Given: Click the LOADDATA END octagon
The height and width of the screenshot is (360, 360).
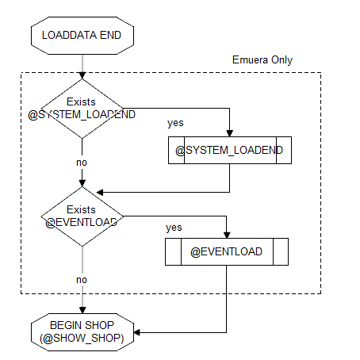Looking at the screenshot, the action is pyautogui.click(x=82, y=36).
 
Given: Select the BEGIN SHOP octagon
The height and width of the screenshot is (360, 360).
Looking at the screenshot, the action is pyautogui.click(x=82, y=332).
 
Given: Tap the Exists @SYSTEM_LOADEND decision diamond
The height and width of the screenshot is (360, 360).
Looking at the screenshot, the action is pyautogui.click(x=82, y=109).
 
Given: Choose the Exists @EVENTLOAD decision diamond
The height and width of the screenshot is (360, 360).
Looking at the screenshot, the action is pyautogui.click(x=82, y=216).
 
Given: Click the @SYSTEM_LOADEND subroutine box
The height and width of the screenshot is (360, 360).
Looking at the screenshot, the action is pyautogui.click(x=230, y=150).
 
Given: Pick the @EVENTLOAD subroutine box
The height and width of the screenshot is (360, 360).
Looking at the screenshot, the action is pyautogui.click(x=227, y=251).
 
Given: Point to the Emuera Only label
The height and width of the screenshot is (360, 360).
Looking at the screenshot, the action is pyautogui.click(x=262, y=60).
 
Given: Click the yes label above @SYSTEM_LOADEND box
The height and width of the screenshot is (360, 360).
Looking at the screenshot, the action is pyautogui.click(x=175, y=123).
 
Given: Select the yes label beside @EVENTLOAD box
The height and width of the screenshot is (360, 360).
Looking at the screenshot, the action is pyautogui.click(x=174, y=228).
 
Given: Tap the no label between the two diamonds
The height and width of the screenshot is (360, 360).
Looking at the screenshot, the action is pyautogui.click(x=82, y=163).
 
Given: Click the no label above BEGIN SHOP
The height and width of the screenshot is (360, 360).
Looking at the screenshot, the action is pyautogui.click(x=82, y=280).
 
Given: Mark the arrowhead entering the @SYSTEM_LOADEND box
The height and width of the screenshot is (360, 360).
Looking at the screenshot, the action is pyautogui.click(x=230, y=133).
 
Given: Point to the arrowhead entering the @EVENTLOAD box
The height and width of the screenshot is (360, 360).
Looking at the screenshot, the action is pyautogui.click(x=227, y=235).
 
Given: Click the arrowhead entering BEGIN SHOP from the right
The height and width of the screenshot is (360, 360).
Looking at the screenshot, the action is pyautogui.click(x=137, y=332).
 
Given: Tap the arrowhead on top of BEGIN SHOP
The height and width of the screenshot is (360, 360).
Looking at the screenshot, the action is pyautogui.click(x=82, y=310).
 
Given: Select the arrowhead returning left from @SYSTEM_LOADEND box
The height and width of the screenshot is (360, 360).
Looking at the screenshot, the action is pyautogui.click(x=100, y=193).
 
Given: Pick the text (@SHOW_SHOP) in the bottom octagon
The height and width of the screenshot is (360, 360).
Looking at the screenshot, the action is pyautogui.click(x=82, y=339).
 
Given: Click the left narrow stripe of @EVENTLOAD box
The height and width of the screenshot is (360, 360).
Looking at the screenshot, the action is pyautogui.click(x=173, y=251).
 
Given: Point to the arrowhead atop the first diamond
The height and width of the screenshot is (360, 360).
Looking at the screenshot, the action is pyautogui.click(x=82, y=75).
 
